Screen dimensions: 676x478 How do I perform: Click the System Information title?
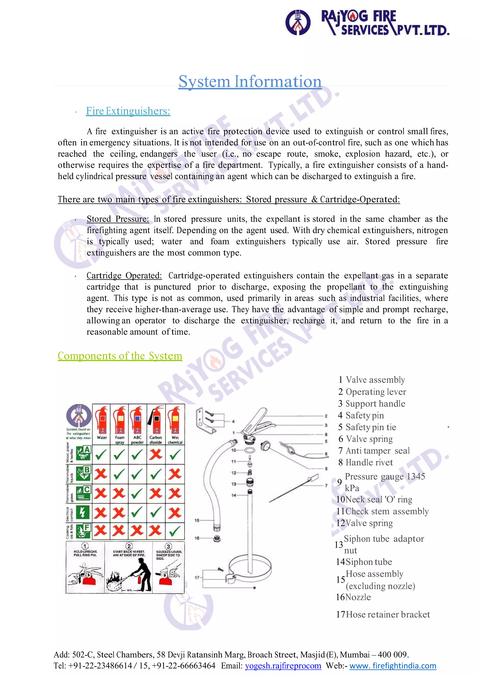[250, 81]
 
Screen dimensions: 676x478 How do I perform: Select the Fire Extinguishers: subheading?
[128, 111]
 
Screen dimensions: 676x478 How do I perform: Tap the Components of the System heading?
[120, 356]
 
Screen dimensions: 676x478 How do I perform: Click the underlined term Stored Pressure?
[118, 219]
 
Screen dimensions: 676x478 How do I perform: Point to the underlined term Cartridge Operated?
[124, 276]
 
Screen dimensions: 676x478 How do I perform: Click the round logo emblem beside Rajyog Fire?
[298, 23]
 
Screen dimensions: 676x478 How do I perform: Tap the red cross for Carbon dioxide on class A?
[156, 454]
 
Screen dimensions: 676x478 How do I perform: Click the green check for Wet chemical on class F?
[175, 531]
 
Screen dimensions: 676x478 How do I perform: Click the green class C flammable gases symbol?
[83, 493]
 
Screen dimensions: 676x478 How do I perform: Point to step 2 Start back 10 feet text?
[129, 553]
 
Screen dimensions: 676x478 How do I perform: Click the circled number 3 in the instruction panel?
[168, 546]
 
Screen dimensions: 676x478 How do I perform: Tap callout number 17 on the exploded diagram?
[197, 577]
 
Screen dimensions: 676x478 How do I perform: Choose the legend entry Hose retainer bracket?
[388, 614]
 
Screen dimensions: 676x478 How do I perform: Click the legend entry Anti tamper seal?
[377, 451]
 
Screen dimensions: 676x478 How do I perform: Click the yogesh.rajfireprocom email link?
[283, 666]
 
